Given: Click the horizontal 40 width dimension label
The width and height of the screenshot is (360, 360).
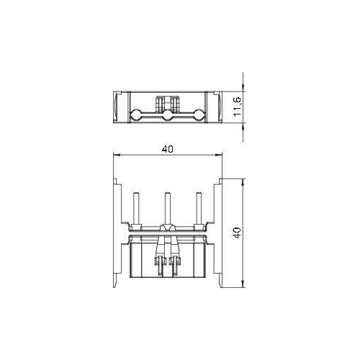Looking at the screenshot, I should [167, 150].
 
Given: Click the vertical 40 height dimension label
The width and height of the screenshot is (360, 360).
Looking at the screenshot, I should [235, 233].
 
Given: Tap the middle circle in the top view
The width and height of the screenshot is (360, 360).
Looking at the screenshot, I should [166, 114].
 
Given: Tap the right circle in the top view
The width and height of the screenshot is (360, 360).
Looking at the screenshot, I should [197, 114].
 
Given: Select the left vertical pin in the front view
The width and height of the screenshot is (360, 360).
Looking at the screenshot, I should [136, 209].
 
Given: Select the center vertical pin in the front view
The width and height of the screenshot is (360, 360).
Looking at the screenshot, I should [167, 209].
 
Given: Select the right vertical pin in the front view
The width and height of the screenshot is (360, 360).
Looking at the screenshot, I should [197, 209].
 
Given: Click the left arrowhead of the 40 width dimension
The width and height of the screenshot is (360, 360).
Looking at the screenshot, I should [118, 156].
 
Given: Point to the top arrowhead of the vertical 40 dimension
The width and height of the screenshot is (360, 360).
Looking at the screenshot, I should [242, 182].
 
